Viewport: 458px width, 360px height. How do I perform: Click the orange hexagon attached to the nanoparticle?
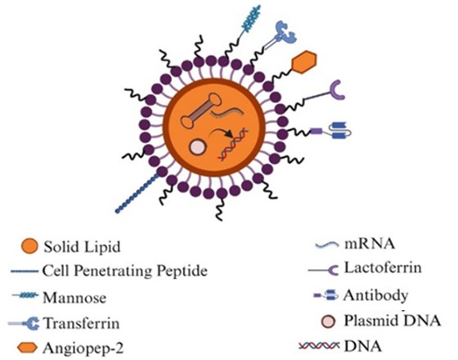coord(303,62)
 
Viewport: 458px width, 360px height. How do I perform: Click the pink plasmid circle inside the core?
coord(198,146)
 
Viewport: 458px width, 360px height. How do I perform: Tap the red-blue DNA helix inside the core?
coord(234,144)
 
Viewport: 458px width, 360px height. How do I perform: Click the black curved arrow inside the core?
coord(222,133)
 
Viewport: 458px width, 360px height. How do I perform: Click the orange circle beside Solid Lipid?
coord(29,246)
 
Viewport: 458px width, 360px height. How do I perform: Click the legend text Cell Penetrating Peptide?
coord(125,271)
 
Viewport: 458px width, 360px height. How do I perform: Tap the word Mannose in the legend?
coord(74,298)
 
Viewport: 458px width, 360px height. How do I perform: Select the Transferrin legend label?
coord(82,323)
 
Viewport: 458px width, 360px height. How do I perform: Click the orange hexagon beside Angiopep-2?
coord(27,348)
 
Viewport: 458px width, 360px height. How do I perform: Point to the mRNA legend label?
coord(370,244)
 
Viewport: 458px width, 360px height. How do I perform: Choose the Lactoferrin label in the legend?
coord(383,268)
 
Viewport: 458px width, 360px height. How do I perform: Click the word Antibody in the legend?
coord(375,295)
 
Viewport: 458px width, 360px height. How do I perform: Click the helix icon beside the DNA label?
coord(319,346)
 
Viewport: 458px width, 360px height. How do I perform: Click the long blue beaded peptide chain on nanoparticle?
coord(138,193)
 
